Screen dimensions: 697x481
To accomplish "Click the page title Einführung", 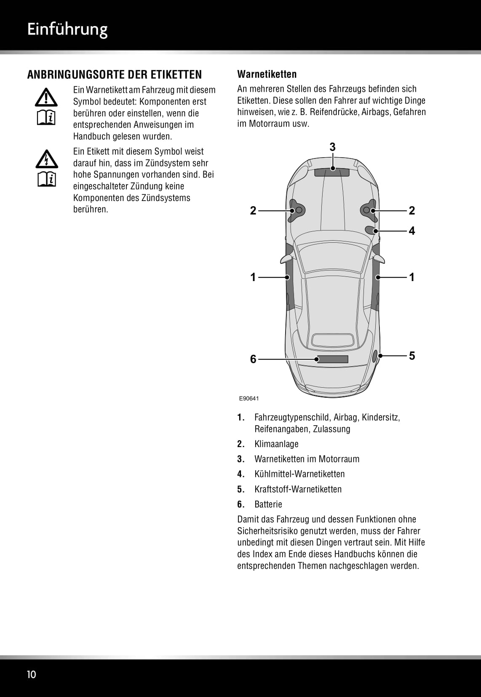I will pos(67,29).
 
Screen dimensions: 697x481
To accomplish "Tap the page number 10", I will pos(32,674).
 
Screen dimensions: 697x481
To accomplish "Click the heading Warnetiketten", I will pos(267,74).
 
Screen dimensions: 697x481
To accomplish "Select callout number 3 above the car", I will pos(332,147).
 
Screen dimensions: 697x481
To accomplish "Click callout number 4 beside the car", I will pos(412,231).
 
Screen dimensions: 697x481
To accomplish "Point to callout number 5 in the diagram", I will pos(412,356).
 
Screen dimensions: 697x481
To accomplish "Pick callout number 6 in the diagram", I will pos(253,359).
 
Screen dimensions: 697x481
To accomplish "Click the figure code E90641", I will pos(249,398).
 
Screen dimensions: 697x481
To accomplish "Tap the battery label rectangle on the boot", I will pos(332,359).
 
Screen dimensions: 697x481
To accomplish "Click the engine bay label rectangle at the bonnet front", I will pos(332,172).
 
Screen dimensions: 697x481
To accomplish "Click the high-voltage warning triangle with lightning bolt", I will pos(46,159).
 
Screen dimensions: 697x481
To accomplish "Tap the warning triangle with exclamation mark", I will pos(46,98).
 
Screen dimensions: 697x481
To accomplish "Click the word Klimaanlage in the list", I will pos(276,444).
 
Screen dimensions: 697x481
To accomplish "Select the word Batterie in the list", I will pos(268,504).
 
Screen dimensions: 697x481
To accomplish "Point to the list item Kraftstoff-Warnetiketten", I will pos(298,489).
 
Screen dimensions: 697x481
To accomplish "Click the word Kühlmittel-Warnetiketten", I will pos(299,474).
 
